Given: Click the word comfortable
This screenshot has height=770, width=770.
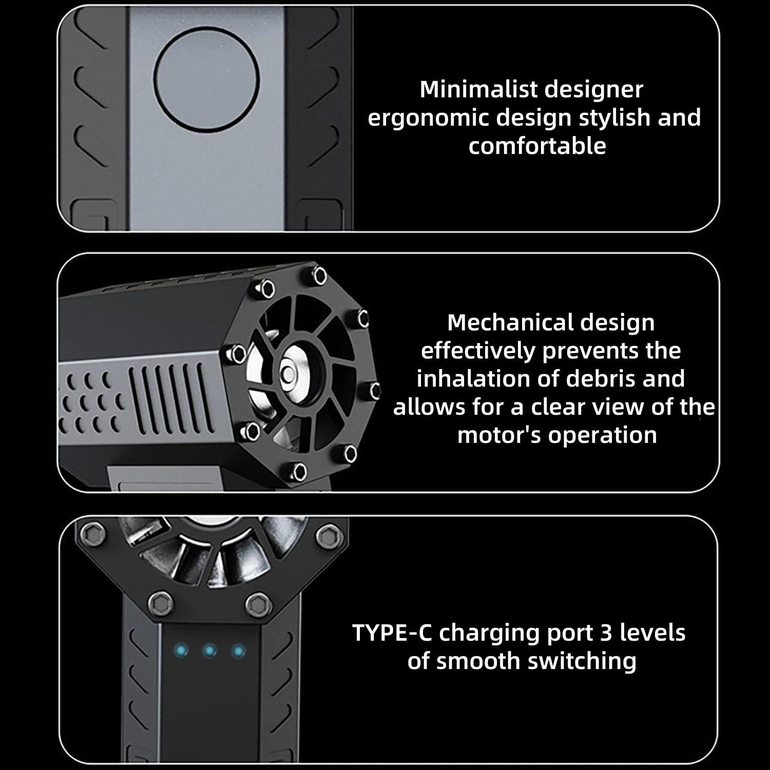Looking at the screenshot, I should (x=537, y=146).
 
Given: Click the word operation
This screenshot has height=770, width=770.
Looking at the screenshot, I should (x=602, y=435).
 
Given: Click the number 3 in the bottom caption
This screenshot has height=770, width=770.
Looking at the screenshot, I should (x=606, y=632).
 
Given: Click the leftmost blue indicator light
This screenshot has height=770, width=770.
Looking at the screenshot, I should (x=181, y=651).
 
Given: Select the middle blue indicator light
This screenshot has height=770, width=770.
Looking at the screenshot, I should (x=209, y=651).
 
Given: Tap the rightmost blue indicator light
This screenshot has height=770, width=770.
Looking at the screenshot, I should (x=238, y=651).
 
